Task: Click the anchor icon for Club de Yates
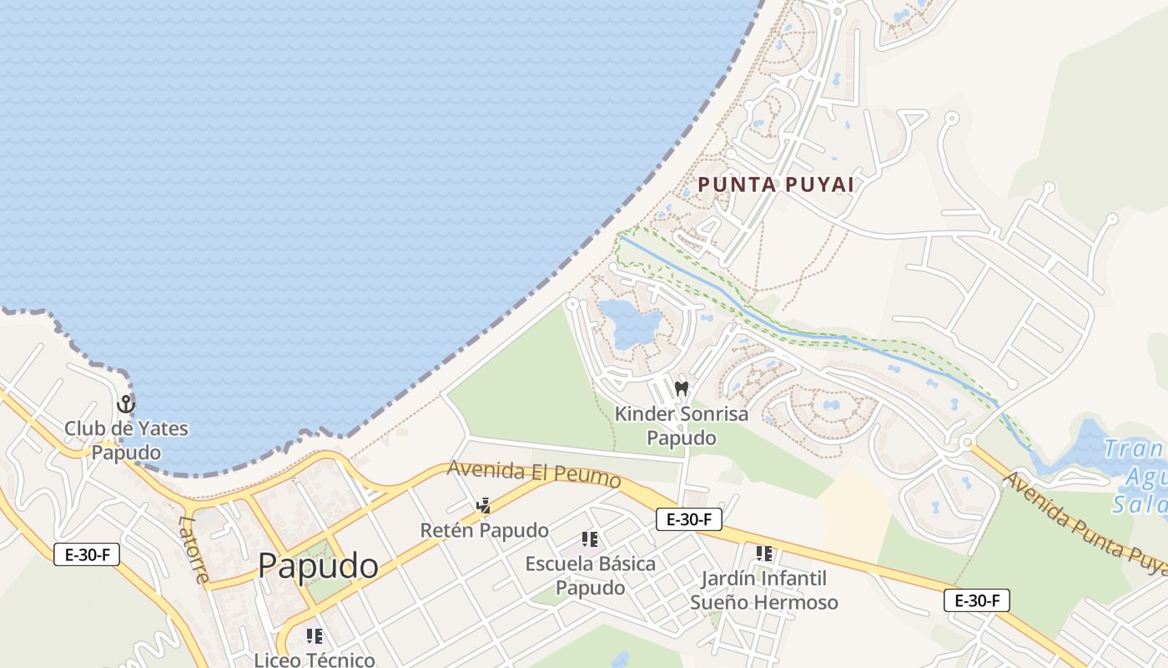coord(126,405)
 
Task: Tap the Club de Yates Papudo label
coord(126,440)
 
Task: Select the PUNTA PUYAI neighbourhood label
coord(776,185)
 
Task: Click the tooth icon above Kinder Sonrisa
coord(682,388)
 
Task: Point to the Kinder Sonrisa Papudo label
coord(682,426)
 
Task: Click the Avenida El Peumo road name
coord(534,473)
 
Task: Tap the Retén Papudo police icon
coord(483,505)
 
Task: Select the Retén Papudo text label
coord(484,530)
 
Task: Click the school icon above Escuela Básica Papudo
coord(590,539)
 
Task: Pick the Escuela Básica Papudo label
coord(590,575)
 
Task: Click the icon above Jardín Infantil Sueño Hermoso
coord(763,554)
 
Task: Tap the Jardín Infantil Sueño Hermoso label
coord(763,590)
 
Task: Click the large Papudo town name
coord(318,566)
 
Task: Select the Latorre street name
coord(194,549)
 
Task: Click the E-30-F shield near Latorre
coord(87,554)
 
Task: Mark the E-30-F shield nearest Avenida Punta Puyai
coord(977,600)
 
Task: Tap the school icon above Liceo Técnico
coord(315,636)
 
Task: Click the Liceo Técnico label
coord(315,660)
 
